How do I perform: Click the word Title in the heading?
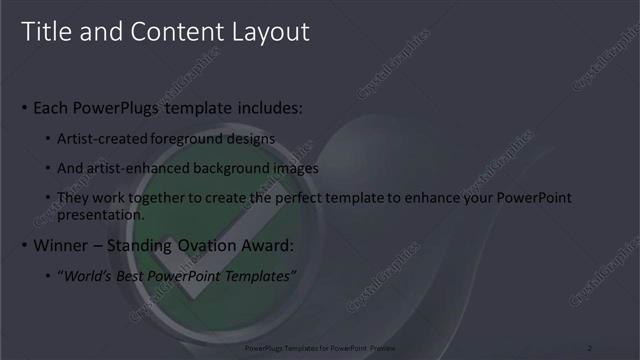[44, 32]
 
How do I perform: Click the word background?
[229, 168]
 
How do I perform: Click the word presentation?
[101, 214]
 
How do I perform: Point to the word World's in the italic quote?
[87, 276]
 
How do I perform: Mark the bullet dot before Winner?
[24, 246]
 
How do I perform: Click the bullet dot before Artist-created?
[49, 139]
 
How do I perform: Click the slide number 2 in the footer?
[589, 347]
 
